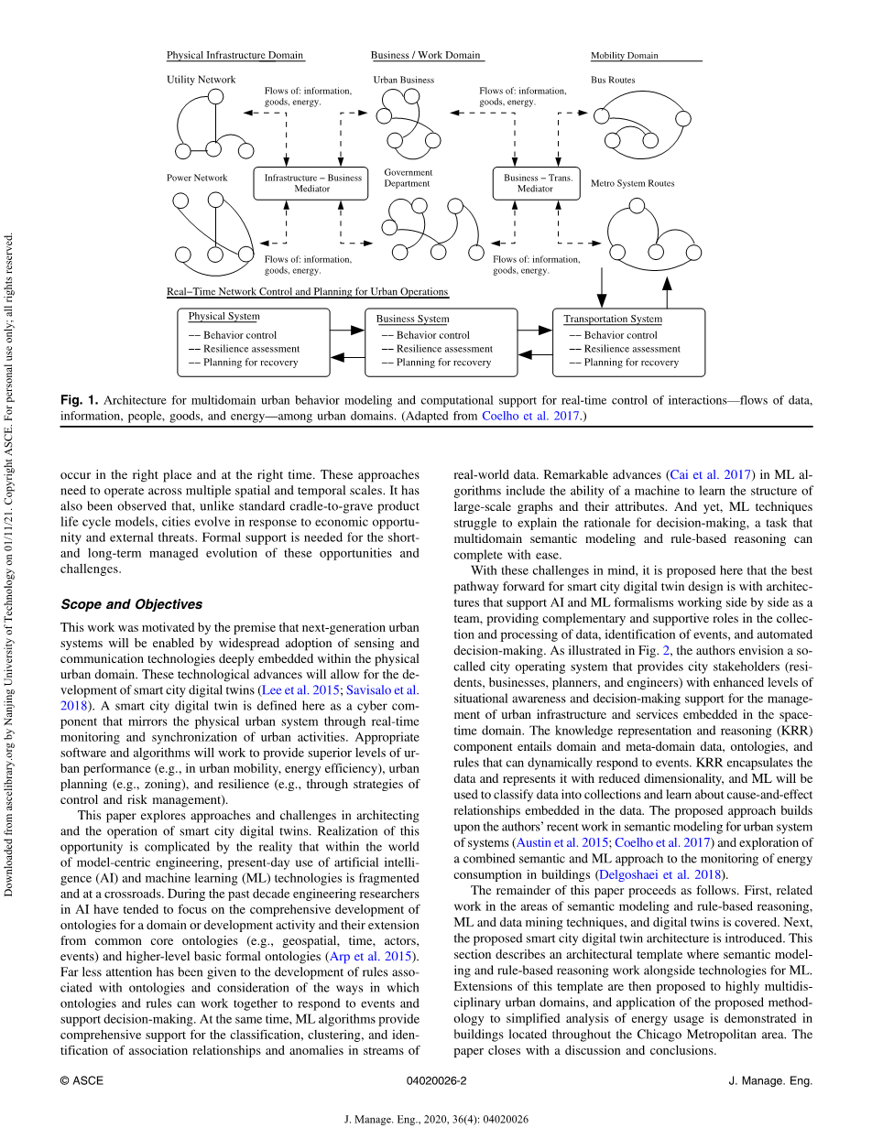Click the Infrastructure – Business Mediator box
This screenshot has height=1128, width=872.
pos(304,183)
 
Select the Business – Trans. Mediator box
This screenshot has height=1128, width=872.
pos(537,183)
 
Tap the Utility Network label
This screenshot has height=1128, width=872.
pos(201,80)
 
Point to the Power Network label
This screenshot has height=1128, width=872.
pos(197,178)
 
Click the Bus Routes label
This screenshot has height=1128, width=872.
pos(613,80)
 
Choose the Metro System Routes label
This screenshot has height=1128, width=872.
pos(632,183)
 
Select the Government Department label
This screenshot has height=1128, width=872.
pos(408,178)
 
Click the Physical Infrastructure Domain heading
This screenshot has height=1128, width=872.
pos(234,55)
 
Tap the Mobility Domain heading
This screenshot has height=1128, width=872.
pos(625,55)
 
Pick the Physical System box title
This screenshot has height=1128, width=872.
pos(223,317)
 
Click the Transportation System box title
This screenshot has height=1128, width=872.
pos(612,319)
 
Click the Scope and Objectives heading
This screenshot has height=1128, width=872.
pos(131,604)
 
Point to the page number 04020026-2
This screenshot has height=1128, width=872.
pos(436,1080)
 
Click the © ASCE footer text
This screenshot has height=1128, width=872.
pos(82,1080)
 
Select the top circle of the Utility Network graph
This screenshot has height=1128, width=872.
pos(215,96)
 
